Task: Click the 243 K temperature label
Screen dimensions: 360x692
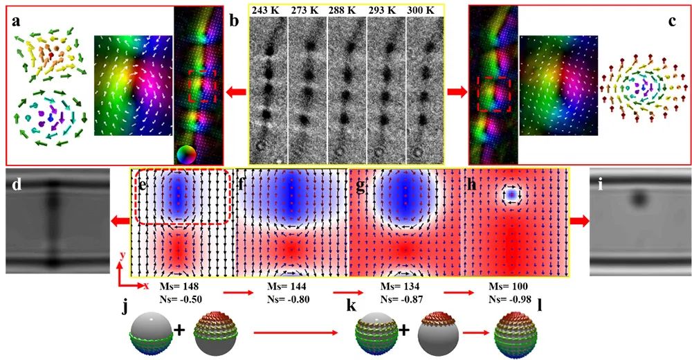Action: pyautogui.click(x=266, y=11)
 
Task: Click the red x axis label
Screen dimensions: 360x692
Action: pyautogui.click(x=146, y=285)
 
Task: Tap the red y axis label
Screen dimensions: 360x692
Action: pyautogui.click(x=122, y=255)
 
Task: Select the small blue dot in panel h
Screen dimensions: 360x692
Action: pyautogui.click(x=511, y=196)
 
